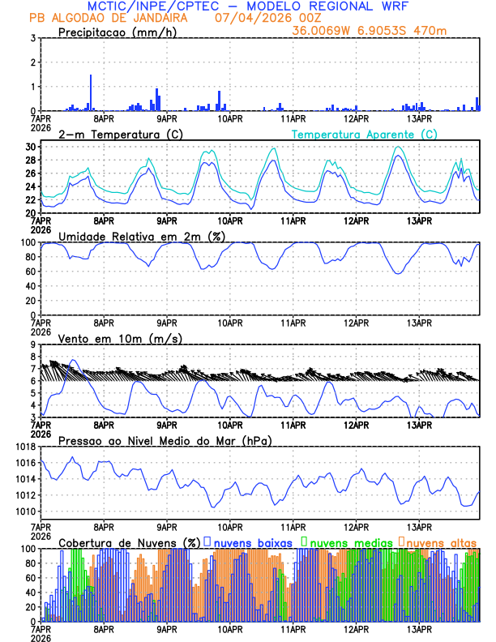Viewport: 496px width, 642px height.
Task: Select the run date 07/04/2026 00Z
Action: pos(268,18)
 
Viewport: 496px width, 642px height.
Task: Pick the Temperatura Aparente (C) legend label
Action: pos(364,134)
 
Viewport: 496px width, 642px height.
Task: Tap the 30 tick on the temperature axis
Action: pos(30,147)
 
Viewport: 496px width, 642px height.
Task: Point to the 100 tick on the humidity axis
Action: pos(27,242)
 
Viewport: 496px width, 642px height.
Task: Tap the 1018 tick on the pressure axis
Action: pos(24,447)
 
